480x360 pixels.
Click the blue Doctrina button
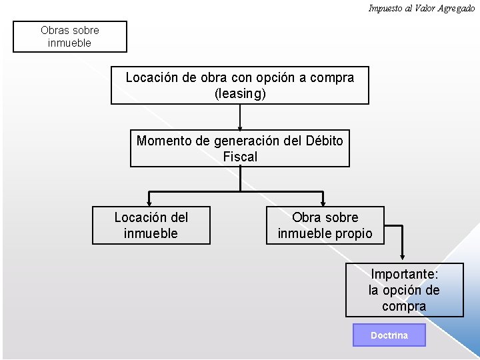(389, 335)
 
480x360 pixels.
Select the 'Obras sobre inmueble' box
(70, 37)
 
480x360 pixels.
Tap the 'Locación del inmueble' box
(151, 225)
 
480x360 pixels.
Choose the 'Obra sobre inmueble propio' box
(325, 225)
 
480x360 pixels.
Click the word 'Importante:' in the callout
(404, 274)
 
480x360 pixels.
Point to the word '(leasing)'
(240, 94)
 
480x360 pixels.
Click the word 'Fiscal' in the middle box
(240, 157)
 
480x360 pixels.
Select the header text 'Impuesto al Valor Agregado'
(421, 8)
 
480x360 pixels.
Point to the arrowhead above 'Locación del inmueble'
(150, 201)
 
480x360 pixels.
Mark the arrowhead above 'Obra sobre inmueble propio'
(323, 201)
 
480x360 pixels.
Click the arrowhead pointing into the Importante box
(403, 257)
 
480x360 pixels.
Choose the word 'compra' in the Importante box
(404, 306)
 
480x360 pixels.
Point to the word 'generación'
(245, 141)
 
